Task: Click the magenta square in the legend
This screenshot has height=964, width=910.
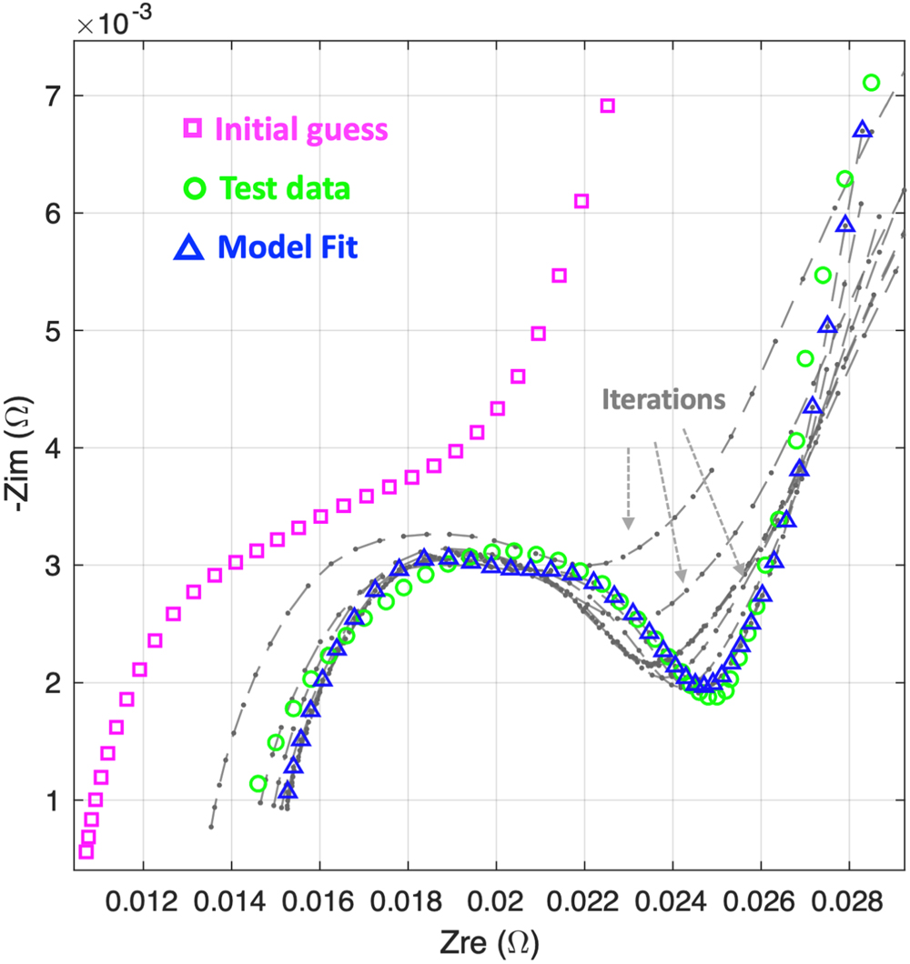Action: tap(192, 129)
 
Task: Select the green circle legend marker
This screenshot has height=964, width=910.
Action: tap(192, 188)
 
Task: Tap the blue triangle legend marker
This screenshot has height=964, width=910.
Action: tap(187, 247)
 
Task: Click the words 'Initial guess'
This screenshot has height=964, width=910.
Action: tap(301, 129)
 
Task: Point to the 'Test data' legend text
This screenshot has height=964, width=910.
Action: tap(285, 188)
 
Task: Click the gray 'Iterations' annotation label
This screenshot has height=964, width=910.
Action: tap(663, 398)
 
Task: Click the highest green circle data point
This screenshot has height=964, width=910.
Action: tap(871, 83)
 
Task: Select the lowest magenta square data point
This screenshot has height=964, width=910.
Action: tap(86, 851)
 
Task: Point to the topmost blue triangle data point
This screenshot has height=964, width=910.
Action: tap(862, 129)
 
